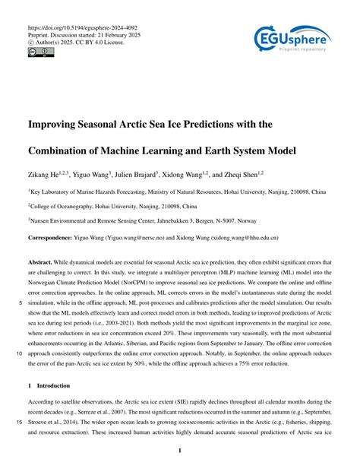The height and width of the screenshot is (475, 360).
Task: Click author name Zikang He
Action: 49,175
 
